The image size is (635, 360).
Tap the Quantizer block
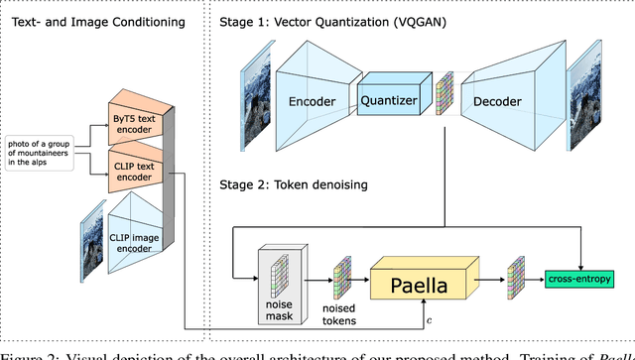[395, 98]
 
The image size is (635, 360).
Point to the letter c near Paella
[428, 319]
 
